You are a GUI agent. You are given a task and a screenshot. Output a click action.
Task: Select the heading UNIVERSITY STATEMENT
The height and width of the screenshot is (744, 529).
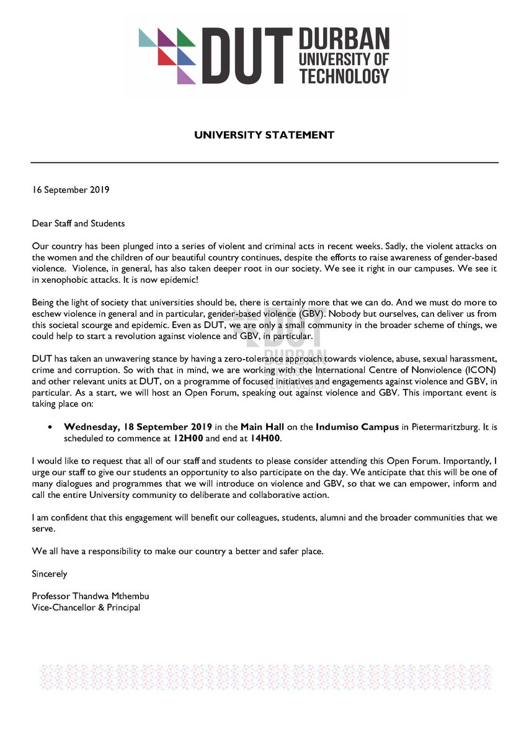(264, 135)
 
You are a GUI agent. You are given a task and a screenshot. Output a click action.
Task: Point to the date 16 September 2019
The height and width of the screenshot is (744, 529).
(71, 190)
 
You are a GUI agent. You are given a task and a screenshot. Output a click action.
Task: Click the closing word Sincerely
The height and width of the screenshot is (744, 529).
(50, 574)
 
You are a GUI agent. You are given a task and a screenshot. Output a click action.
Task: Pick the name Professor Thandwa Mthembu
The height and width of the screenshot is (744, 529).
(91, 596)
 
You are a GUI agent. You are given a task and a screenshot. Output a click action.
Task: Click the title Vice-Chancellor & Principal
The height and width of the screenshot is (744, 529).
(86, 607)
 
